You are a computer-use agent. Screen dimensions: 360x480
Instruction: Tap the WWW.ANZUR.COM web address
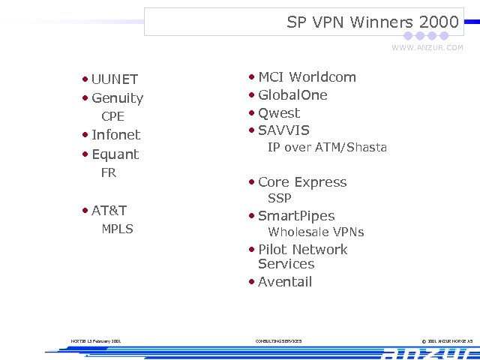pyautogui.click(x=427, y=48)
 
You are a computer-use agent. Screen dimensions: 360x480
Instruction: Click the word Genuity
pyautogui.click(x=117, y=98)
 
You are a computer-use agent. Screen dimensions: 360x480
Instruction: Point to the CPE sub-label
pyautogui.click(x=112, y=117)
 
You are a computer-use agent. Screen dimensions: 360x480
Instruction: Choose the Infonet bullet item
pyautogui.click(x=115, y=135)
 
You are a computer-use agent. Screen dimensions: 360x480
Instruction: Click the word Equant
pyautogui.click(x=115, y=154)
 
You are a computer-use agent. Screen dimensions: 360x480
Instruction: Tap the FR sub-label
pyautogui.click(x=109, y=173)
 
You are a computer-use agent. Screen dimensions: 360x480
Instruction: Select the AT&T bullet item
pyautogui.click(x=109, y=211)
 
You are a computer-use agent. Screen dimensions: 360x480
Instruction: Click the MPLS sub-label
pyautogui.click(x=117, y=229)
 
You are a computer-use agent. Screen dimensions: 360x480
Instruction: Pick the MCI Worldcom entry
pyautogui.click(x=307, y=77)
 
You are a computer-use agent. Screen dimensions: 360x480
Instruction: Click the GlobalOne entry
pyautogui.click(x=292, y=95)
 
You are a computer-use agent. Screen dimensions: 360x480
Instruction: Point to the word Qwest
pyautogui.click(x=279, y=113)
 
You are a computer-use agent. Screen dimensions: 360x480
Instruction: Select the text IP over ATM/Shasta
pyautogui.click(x=327, y=148)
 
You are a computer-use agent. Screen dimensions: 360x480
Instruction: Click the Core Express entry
pyautogui.click(x=302, y=182)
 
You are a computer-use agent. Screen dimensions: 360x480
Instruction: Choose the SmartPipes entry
pyautogui.click(x=296, y=216)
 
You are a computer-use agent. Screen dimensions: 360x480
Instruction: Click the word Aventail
pyautogui.click(x=285, y=282)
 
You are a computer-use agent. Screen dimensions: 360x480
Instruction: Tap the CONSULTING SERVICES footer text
pyautogui.click(x=278, y=341)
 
